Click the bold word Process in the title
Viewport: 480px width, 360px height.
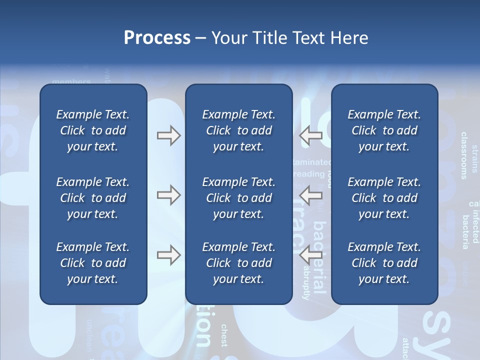coord(157,38)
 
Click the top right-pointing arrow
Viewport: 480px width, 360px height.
coord(168,135)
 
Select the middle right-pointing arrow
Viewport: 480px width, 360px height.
coord(168,195)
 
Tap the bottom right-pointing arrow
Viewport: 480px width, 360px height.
coord(168,255)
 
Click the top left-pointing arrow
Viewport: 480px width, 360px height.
coord(311,135)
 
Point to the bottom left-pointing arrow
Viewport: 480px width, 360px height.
coord(311,255)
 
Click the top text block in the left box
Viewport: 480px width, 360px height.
coord(93,130)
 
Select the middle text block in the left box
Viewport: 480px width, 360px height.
coord(93,198)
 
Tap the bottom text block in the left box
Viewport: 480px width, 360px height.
coord(93,263)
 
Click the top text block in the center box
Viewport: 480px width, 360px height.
coord(238,130)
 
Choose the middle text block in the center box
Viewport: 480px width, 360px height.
coord(238,198)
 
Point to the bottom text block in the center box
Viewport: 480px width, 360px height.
coord(238,263)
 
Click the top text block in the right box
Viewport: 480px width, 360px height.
coord(384,130)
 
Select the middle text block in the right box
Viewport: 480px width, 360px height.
coord(384,198)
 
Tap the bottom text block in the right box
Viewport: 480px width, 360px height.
coord(384,263)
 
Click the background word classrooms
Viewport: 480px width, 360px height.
coord(464,155)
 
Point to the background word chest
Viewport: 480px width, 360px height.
coord(224,335)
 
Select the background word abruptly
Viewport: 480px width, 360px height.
coord(306,283)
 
